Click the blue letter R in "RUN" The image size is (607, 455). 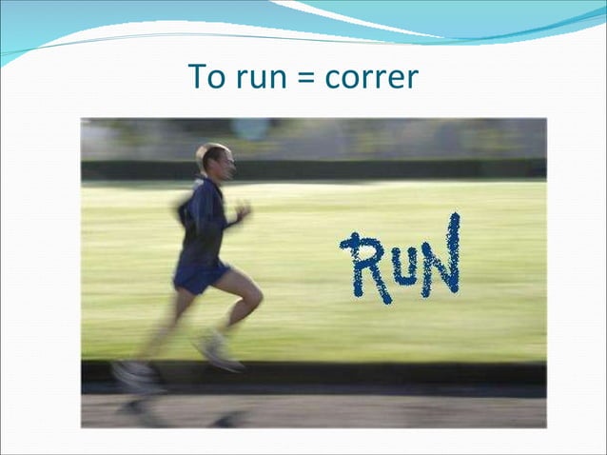362,268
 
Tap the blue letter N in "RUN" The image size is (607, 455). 441,255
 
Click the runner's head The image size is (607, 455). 214,160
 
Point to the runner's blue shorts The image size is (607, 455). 200,277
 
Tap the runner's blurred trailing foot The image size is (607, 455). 136,375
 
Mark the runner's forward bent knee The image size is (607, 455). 252,298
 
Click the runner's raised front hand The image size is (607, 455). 243,210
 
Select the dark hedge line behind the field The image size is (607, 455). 381,168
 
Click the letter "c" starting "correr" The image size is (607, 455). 332,79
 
